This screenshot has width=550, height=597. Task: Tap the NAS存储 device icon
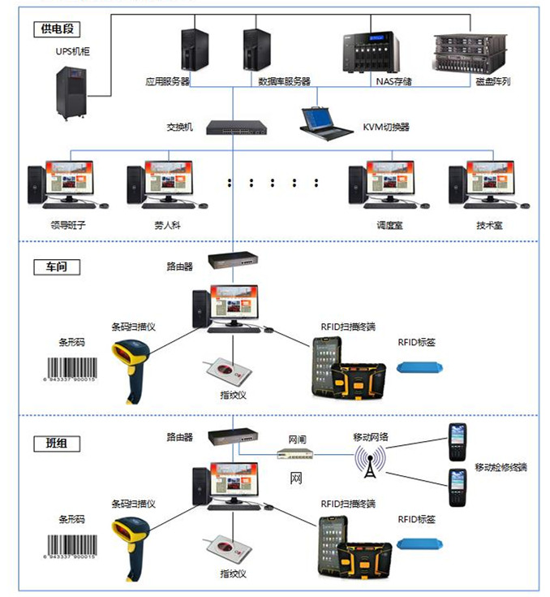[x=372, y=52]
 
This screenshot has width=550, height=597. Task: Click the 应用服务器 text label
[x=167, y=81]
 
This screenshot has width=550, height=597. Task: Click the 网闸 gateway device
[x=295, y=457]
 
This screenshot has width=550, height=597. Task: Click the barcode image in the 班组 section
[x=69, y=544]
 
